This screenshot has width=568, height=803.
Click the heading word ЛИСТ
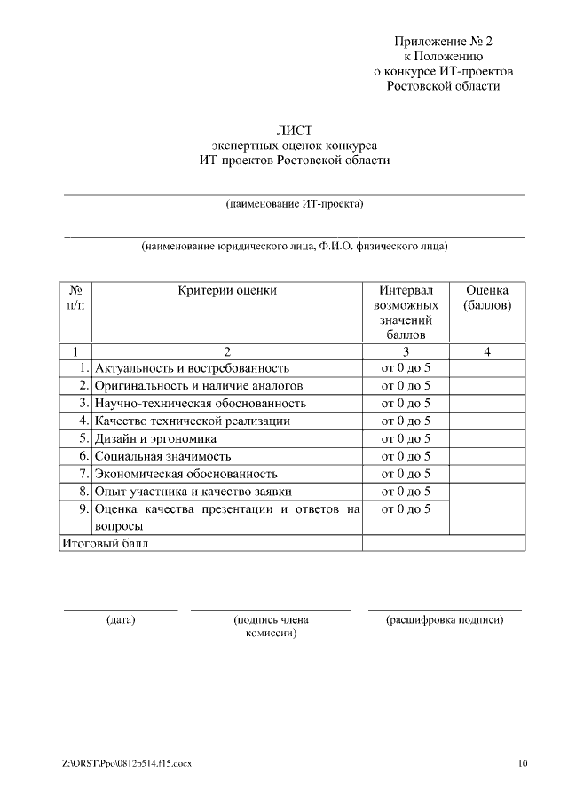[296, 130]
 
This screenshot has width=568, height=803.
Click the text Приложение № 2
[443, 41]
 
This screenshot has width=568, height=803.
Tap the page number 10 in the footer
[523, 764]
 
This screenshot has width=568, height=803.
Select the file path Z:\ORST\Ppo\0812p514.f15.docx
[127, 764]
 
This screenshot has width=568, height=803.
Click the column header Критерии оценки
[227, 290]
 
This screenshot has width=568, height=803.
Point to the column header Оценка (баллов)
[487, 298]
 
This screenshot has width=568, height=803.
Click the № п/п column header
[75, 298]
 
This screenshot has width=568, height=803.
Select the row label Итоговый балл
[104, 543]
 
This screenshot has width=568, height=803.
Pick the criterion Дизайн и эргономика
[156, 438]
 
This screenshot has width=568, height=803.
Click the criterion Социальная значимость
[162, 456]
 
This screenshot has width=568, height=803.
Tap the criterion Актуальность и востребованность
[192, 368]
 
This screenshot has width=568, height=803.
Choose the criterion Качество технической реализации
[193, 421]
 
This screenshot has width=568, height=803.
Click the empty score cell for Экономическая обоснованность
[487, 474]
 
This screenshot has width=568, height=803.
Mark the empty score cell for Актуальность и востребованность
[487, 368]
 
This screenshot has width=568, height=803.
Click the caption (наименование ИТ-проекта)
[296, 204]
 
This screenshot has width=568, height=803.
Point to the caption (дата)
[121, 620]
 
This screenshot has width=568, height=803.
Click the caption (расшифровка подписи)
[445, 620]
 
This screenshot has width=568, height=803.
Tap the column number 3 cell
[406, 351]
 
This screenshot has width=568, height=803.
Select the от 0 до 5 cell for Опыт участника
[406, 492]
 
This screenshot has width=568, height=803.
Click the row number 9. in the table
[83, 509]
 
